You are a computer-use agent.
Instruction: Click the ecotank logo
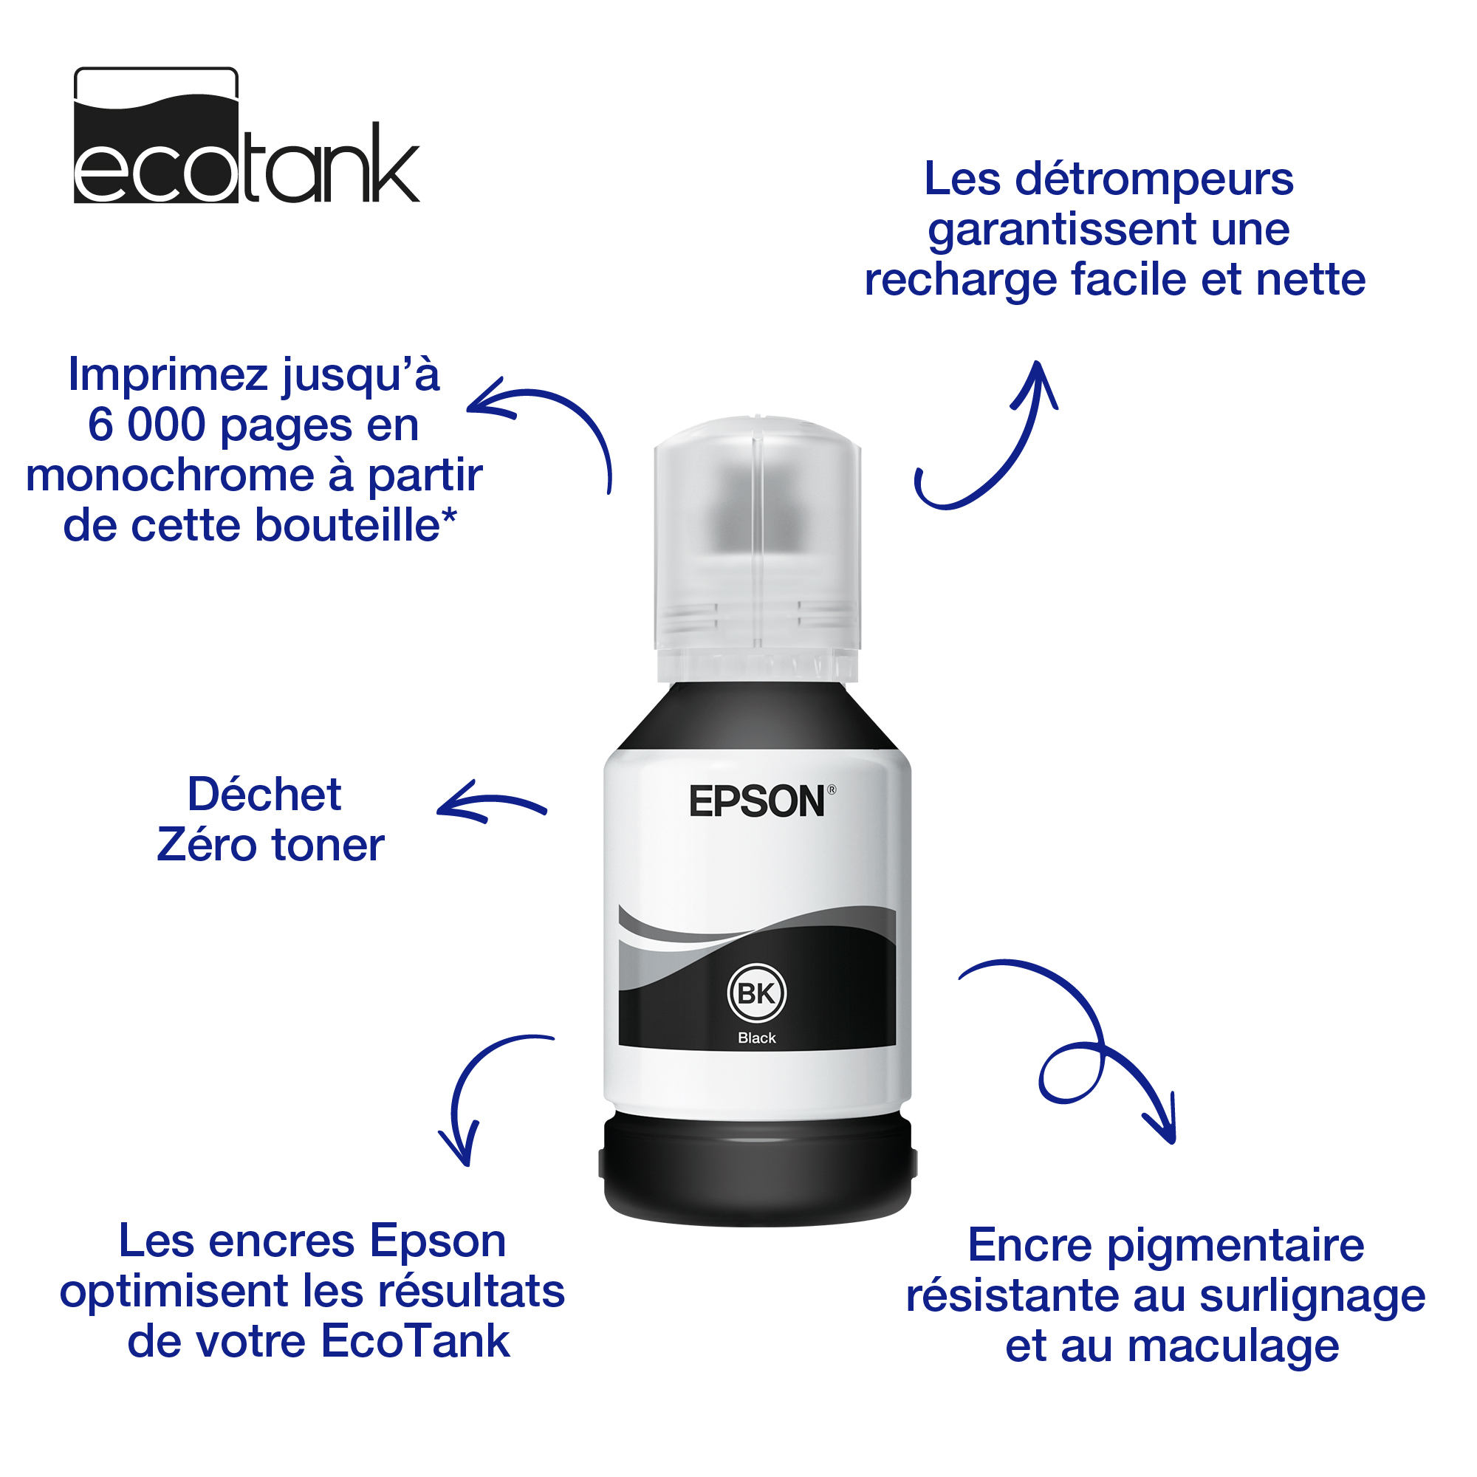pos(246,135)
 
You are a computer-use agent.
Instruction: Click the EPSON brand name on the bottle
pos(757,802)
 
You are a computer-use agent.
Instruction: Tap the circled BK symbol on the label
pos(757,994)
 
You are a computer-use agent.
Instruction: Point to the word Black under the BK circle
pos(757,1038)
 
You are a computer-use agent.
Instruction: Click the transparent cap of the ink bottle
pos(757,548)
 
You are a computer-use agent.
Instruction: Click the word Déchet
pos(264,795)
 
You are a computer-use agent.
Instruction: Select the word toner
pos(328,846)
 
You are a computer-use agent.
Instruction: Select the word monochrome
pos(171,476)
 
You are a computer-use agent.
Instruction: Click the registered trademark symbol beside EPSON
pos(832,789)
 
